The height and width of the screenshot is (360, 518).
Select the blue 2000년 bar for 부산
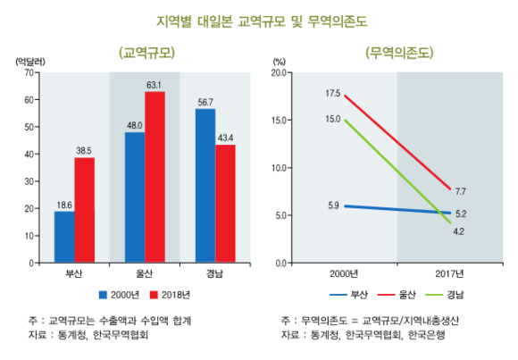click(64, 237)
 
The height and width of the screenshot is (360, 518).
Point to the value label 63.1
click(155, 85)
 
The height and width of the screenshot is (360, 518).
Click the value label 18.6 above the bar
click(63, 205)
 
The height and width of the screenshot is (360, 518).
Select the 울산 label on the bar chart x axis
click(146, 273)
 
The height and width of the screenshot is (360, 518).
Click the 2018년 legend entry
click(174, 293)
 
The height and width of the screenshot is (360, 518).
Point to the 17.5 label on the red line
click(332, 93)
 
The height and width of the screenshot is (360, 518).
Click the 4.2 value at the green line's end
click(459, 231)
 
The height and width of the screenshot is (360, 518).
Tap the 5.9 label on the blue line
click(332, 205)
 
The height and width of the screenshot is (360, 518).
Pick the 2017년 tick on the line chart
click(450, 273)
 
